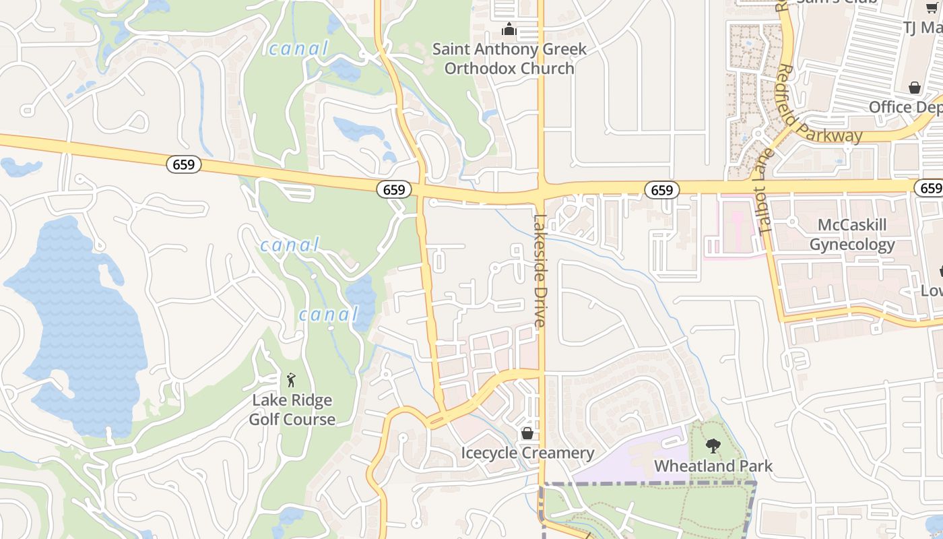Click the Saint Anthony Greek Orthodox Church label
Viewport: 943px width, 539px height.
pos(509,59)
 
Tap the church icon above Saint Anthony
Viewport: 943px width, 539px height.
pos(509,30)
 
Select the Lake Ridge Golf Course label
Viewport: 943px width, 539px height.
pos(292,410)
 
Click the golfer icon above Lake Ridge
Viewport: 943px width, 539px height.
pos(291,381)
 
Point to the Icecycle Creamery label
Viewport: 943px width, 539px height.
pos(527,453)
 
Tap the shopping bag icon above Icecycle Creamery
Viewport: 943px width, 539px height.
pos(527,433)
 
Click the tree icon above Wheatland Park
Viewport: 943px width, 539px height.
pos(713,445)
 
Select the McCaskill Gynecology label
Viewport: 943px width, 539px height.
pos(852,234)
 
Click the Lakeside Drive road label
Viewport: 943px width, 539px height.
pos(540,271)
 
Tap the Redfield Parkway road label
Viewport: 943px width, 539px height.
pos(818,106)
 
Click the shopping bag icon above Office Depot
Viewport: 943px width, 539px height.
pos(914,88)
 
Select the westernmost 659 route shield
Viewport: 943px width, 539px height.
pos(184,164)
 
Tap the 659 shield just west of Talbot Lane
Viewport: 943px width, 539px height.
pos(661,191)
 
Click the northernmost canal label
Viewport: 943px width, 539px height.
pos(298,49)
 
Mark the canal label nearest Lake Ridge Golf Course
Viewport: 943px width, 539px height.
pos(328,314)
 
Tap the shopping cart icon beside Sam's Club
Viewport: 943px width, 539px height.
pos(931,7)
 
